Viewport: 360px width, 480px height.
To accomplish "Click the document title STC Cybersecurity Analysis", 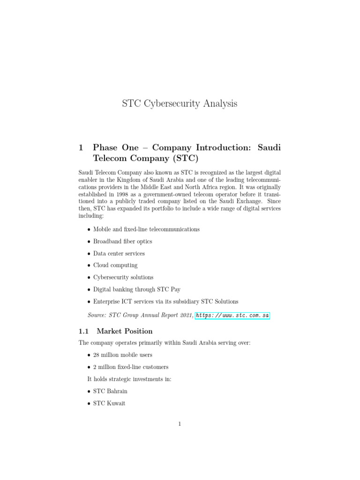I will pos(180,104).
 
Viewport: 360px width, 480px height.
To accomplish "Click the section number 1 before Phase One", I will pos(82,147).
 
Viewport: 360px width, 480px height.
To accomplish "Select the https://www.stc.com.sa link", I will pos(232,315).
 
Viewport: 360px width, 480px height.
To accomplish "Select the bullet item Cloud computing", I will pos(115,265).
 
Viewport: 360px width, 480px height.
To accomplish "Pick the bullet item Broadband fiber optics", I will pos(122,241).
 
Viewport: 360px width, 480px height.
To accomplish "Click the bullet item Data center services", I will pos(119,254).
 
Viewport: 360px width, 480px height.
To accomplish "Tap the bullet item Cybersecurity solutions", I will pos(123,277).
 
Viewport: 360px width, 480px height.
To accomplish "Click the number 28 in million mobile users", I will pos(97,355).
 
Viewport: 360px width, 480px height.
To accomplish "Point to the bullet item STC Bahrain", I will pos(110,391).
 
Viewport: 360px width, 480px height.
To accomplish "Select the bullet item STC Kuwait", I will pos(109,403).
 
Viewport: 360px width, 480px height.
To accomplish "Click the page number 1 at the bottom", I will pos(180,424).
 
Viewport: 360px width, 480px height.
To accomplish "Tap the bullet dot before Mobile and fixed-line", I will pos(89,230).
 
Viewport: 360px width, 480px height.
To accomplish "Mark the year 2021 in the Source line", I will pos(185,315).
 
